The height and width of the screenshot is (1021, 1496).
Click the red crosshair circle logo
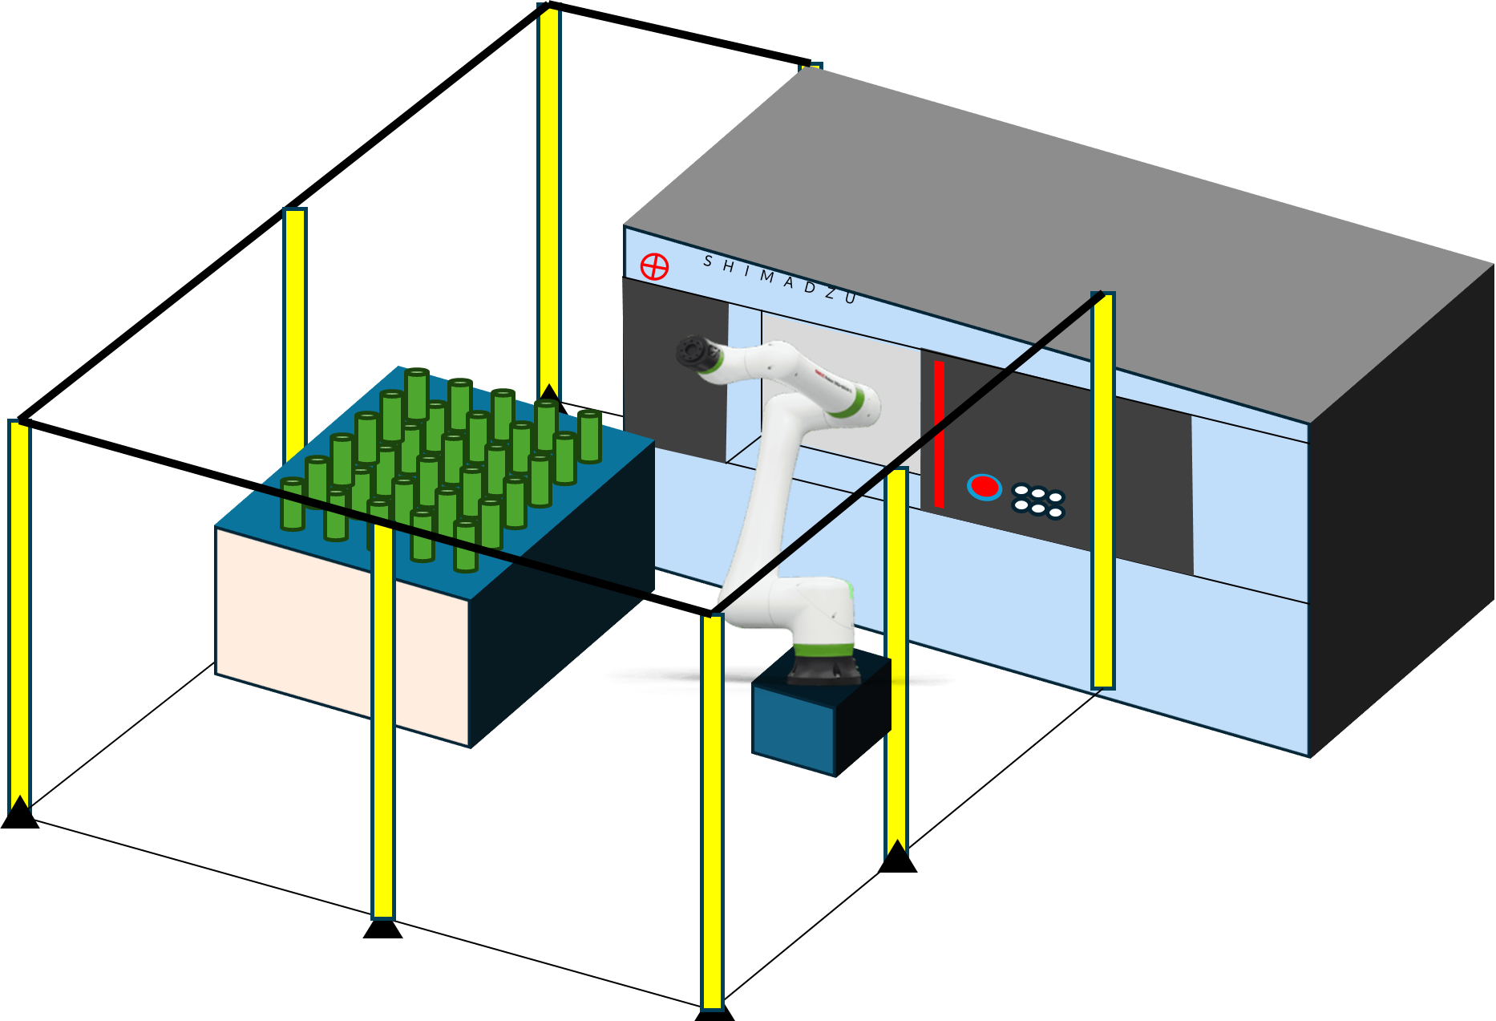coord(654,266)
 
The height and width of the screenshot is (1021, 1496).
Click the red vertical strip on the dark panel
coord(939,434)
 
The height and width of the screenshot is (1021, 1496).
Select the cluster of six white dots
coord(1038,500)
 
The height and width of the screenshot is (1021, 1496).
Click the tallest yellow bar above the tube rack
coord(548,201)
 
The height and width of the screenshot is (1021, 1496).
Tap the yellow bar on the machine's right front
coord(1103,489)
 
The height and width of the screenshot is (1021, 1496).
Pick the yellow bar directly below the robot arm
coord(712,810)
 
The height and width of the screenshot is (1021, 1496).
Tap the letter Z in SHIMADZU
coord(829,294)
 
